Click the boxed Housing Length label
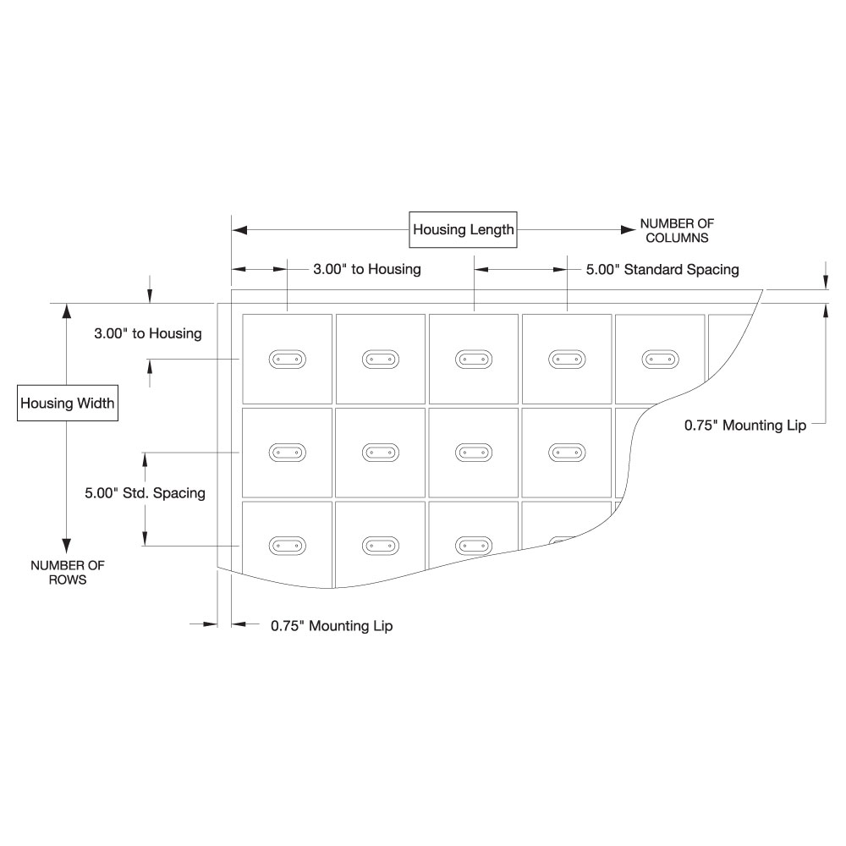pos(463,229)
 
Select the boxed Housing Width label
pos(68,403)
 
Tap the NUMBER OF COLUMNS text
pos(677,230)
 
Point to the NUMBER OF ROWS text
pos(68,573)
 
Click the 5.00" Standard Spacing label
pos(662,270)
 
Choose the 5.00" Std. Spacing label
pos(145,492)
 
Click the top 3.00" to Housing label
pos(366,270)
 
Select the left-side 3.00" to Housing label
pos(147,333)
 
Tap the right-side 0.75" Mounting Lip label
pos(744,426)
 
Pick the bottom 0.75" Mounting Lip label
pos(332,626)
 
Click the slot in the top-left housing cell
pos(287,360)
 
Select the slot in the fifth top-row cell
pos(660,360)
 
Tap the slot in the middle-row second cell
pos(380,453)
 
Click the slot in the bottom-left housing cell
pos(287,547)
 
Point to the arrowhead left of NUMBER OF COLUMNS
pos(629,229)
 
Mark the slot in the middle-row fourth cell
pos(567,453)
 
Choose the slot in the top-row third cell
pos(474,360)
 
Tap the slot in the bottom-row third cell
pos(474,547)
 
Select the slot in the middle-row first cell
pos(287,453)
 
